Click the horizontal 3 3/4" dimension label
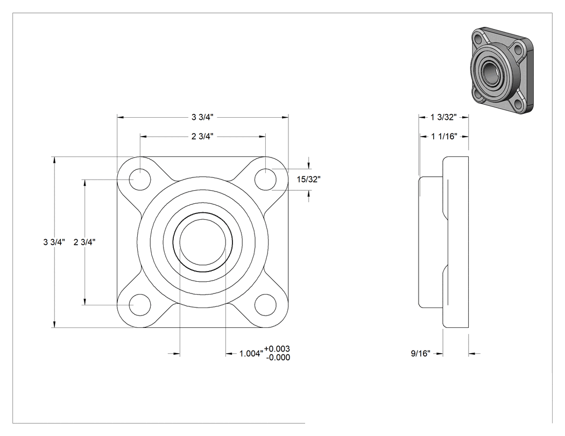(202, 117)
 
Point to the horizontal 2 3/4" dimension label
(202, 137)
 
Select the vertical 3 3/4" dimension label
(54, 242)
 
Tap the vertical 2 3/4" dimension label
(84, 242)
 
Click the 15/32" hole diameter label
(308, 180)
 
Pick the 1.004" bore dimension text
(251, 354)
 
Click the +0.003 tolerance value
(277, 348)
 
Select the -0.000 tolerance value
(278, 357)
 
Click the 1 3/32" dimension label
(443, 117)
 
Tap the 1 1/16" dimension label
(444, 137)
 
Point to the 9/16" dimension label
(420, 354)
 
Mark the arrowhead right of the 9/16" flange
(472, 354)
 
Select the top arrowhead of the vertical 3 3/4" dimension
(54, 160)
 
